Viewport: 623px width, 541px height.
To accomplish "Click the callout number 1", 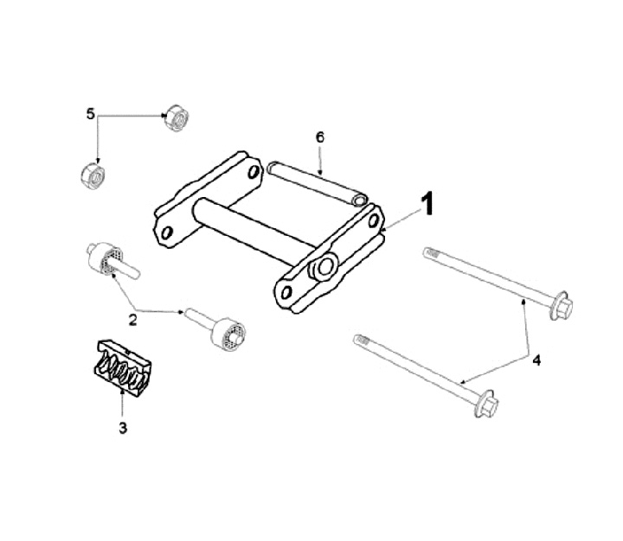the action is coord(427,204).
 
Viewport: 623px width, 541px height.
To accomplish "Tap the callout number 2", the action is coord(132,320).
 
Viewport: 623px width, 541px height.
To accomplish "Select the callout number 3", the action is coord(123,428).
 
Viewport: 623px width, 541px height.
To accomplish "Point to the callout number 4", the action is coord(536,360).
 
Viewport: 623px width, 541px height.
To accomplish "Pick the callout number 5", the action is coord(91,114).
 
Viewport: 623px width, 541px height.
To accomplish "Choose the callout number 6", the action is coord(320,137).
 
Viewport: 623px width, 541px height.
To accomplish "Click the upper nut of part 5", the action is coord(177,118).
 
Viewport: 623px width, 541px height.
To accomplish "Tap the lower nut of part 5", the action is coord(93,175).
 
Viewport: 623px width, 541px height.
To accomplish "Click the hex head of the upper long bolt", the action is coord(561,306).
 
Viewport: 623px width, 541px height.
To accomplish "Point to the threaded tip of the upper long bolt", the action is coord(430,252).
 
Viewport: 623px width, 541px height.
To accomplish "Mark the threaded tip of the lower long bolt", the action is coord(361,341).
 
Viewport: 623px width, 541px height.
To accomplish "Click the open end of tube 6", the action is coord(360,200).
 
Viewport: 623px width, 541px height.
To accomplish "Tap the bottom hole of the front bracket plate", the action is coord(286,293).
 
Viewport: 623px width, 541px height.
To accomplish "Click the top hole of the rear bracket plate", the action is coord(254,172).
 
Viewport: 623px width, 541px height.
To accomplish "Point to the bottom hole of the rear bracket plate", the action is coord(167,232).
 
